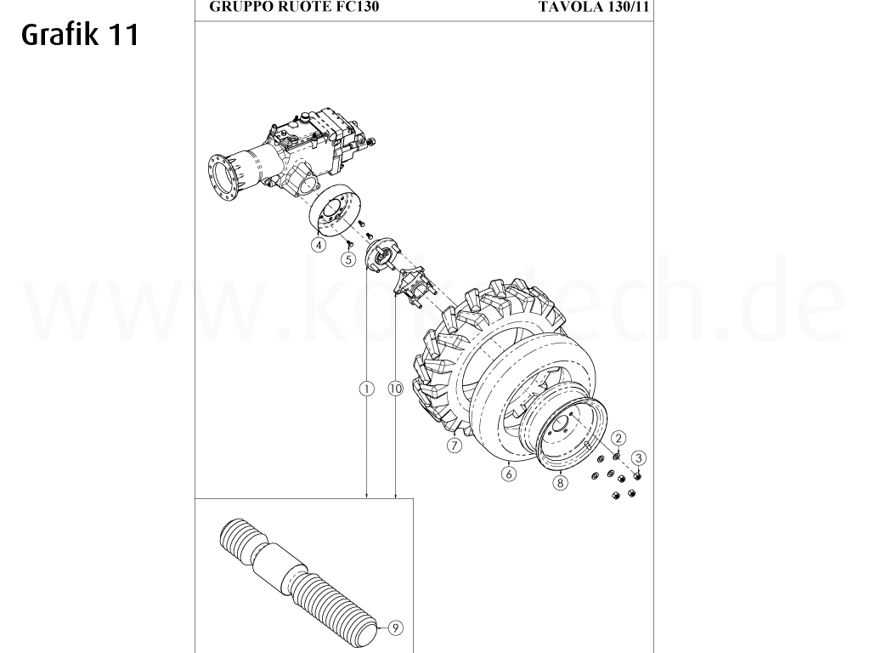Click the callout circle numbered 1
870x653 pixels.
(x=366, y=389)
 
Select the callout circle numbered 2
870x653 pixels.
(x=619, y=438)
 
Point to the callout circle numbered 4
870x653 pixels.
(x=319, y=245)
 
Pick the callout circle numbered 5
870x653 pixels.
(x=348, y=260)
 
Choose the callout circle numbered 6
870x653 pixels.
(x=509, y=474)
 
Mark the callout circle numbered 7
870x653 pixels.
(x=455, y=446)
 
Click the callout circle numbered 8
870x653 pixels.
(x=560, y=483)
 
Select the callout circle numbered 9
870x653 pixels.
(x=395, y=628)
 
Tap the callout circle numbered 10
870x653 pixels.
(x=395, y=389)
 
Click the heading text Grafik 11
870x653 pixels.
(x=78, y=35)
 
